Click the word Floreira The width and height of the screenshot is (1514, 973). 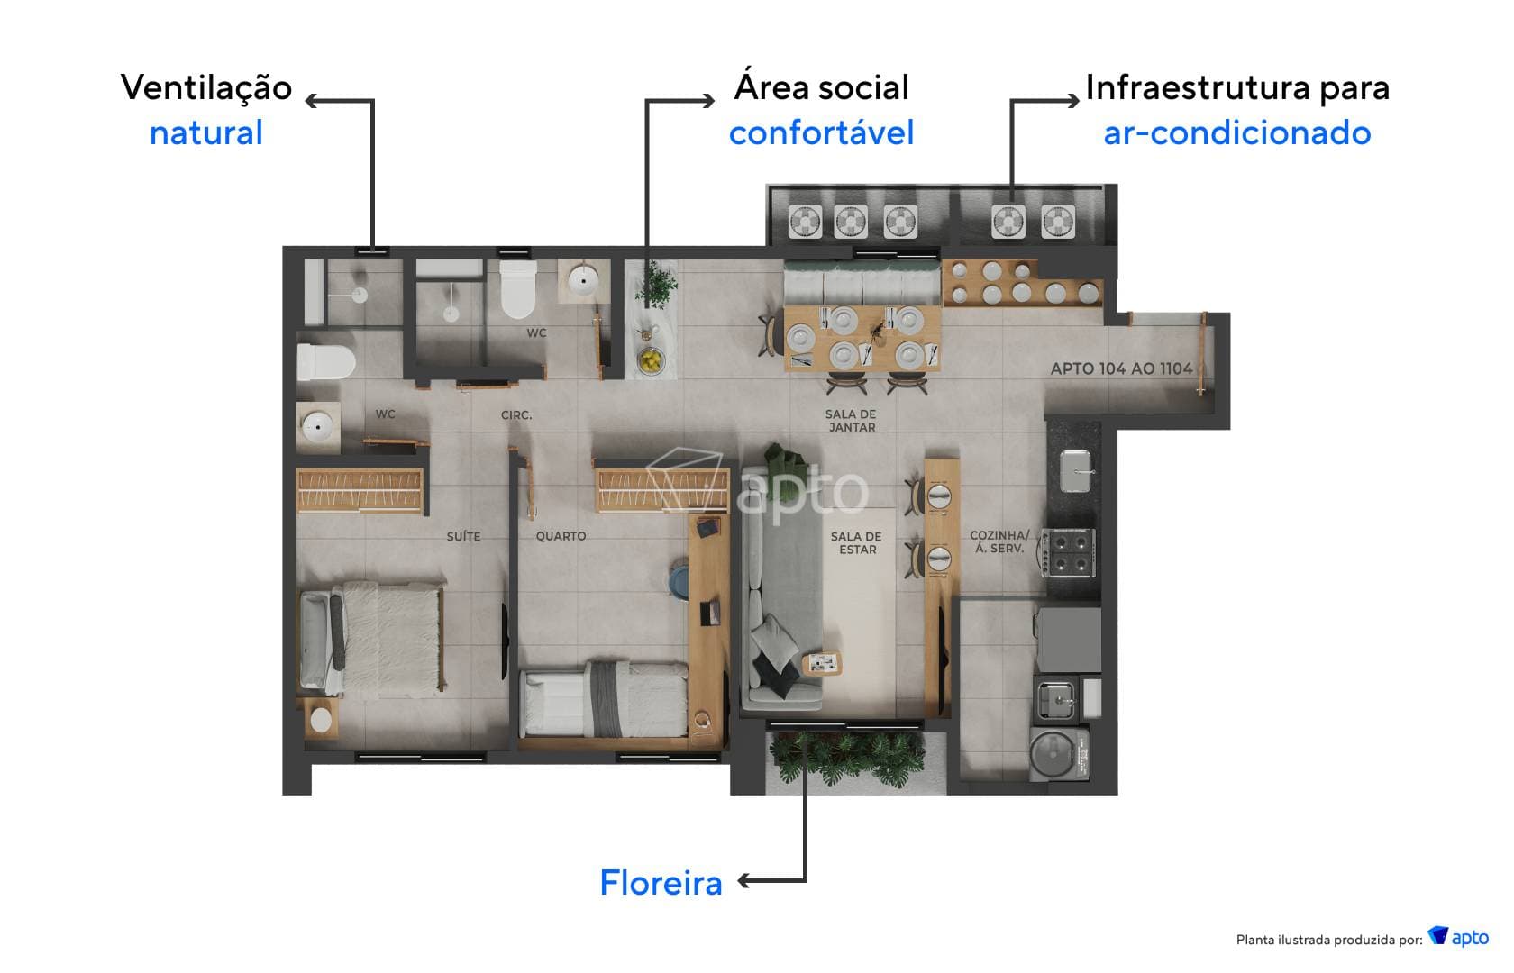661,883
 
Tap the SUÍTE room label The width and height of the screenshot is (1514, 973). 463,536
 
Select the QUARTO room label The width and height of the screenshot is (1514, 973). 561,536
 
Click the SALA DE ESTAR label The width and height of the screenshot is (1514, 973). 856,542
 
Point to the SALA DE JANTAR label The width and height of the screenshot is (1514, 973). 851,421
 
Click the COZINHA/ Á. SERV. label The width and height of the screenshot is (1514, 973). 999,541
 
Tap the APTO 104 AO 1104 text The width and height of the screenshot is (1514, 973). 1121,368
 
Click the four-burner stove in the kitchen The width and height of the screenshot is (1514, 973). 1070,553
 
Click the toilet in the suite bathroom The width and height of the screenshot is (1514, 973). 325,362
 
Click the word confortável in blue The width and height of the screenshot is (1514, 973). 821,133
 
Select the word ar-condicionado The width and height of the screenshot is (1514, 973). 1236,133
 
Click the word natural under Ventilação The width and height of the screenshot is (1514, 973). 205,133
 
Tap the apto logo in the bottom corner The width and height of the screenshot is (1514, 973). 1459,937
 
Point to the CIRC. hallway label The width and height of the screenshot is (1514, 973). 516,415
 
